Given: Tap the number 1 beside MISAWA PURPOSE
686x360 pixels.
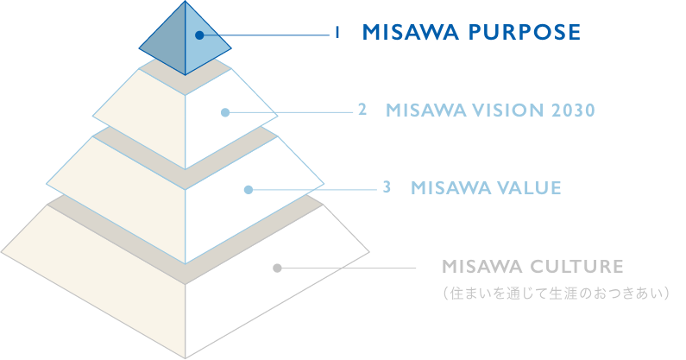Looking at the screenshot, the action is [337, 33].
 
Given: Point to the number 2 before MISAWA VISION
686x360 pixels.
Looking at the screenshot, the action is [362, 110].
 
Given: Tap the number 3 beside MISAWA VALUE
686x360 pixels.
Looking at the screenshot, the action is [387, 187].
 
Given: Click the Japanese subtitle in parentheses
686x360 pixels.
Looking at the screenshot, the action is [556, 293].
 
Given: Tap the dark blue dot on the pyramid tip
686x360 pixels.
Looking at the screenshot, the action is [199, 35].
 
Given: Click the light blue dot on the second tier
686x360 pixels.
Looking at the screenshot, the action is [225, 112].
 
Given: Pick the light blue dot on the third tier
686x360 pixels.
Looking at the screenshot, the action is [249, 190].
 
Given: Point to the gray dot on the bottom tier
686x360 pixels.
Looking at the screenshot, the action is [277, 268].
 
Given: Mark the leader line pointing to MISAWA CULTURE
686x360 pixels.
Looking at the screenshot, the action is [347, 268].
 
